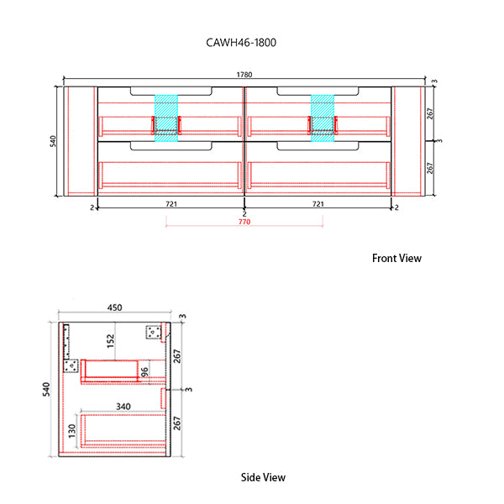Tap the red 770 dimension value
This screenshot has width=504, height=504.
(x=244, y=222)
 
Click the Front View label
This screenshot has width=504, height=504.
(x=396, y=258)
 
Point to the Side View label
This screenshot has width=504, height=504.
(x=263, y=477)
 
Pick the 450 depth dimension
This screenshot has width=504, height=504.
(x=115, y=307)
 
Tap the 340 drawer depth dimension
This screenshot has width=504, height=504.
(x=123, y=407)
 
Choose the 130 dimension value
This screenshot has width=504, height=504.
(x=72, y=431)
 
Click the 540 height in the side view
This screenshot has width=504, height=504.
(x=47, y=389)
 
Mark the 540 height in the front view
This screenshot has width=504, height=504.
(x=54, y=141)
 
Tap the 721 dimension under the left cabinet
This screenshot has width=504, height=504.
(x=171, y=204)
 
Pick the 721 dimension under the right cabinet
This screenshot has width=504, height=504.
(x=318, y=204)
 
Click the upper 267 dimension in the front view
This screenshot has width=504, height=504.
(x=429, y=113)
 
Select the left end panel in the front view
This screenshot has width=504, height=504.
(x=82, y=141)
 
